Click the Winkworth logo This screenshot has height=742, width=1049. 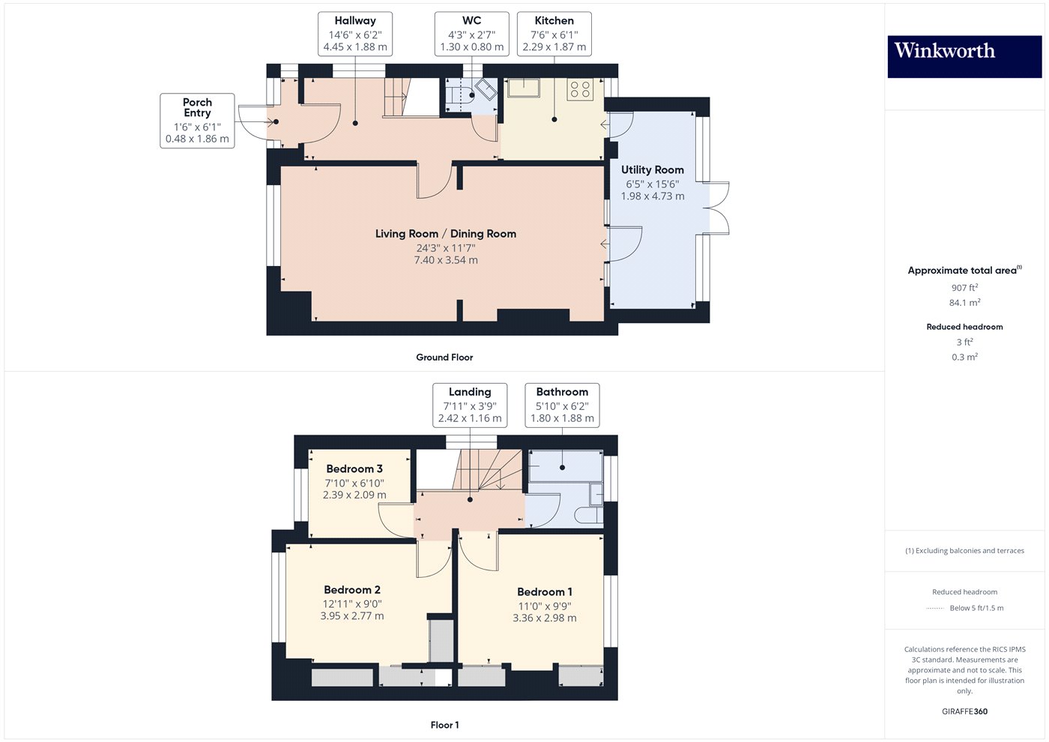(x=964, y=56)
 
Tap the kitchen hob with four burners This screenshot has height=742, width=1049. (x=580, y=89)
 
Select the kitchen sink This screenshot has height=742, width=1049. (x=524, y=88)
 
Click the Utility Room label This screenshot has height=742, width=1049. (x=653, y=169)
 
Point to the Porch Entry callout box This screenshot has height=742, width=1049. (x=197, y=121)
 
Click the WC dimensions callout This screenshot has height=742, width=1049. (x=471, y=34)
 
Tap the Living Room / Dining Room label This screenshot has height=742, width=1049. (x=445, y=234)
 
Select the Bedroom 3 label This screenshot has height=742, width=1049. (x=354, y=469)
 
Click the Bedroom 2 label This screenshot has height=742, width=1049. (x=352, y=590)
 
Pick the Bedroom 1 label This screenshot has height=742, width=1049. (x=545, y=592)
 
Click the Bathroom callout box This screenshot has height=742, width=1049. (x=562, y=405)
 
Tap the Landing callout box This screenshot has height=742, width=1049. (x=470, y=405)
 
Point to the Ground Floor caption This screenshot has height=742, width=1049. (x=444, y=358)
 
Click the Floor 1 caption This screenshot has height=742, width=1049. (x=444, y=726)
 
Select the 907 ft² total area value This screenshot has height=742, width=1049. (x=965, y=288)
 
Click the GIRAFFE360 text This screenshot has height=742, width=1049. (x=965, y=711)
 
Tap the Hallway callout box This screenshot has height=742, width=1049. (x=355, y=34)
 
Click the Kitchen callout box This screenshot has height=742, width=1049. (x=554, y=34)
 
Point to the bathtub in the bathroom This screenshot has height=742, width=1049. (x=565, y=466)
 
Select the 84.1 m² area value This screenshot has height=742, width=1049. (x=965, y=303)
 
